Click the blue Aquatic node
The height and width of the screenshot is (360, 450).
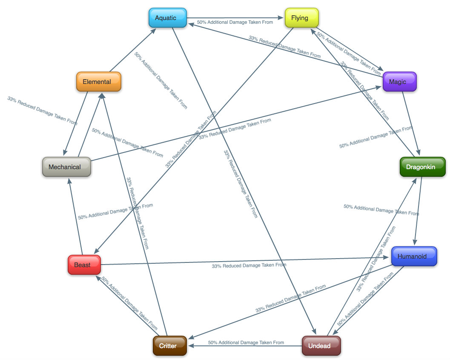168,18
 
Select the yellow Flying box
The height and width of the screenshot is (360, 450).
301,18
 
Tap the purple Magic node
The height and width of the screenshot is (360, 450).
399,82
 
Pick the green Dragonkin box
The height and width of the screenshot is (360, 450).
422,167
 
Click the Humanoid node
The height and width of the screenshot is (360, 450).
414,256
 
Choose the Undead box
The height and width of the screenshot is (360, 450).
321,346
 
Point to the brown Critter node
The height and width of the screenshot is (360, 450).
170,346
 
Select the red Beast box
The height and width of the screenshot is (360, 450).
84,265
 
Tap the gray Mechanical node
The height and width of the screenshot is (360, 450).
66,167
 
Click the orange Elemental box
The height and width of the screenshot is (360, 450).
99,82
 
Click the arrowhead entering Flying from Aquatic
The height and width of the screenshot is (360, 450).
281,18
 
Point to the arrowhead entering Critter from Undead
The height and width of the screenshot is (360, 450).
191,346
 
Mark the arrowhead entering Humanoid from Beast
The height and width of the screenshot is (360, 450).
388,257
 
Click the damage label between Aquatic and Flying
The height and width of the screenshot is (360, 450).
235,22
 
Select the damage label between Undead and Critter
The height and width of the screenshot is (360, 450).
246,343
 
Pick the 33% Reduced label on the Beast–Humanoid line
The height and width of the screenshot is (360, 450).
249,265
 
